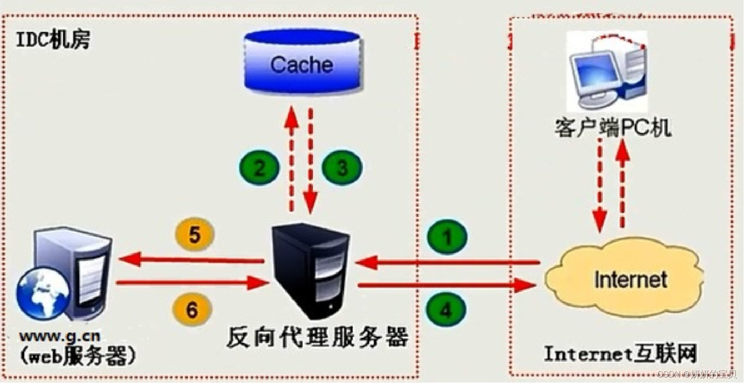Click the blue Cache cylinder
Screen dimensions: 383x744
(303, 62)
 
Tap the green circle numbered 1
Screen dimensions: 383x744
(446, 237)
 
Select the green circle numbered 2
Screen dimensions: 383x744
(259, 167)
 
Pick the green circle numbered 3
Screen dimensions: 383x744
(342, 167)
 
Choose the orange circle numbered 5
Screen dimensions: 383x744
(194, 234)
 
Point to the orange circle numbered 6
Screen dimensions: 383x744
(192, 309)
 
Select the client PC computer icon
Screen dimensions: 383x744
(606, 72)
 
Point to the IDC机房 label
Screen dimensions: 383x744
(53, 40)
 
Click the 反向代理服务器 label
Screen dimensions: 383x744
(318, 337)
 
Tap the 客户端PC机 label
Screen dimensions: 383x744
(612, 127)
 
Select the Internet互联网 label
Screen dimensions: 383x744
(620, 354)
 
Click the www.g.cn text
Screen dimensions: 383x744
(60, 337)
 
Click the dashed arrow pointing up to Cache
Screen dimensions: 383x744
(291, 160)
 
